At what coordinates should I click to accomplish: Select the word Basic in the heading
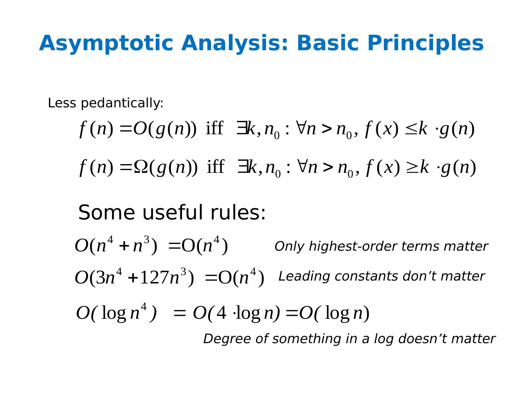[327, 43]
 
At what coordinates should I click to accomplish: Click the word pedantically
[122, 103]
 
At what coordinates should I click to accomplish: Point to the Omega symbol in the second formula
[141, 167]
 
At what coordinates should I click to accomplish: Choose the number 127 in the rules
[154, 278]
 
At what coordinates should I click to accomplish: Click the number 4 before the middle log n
[221, 313]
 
